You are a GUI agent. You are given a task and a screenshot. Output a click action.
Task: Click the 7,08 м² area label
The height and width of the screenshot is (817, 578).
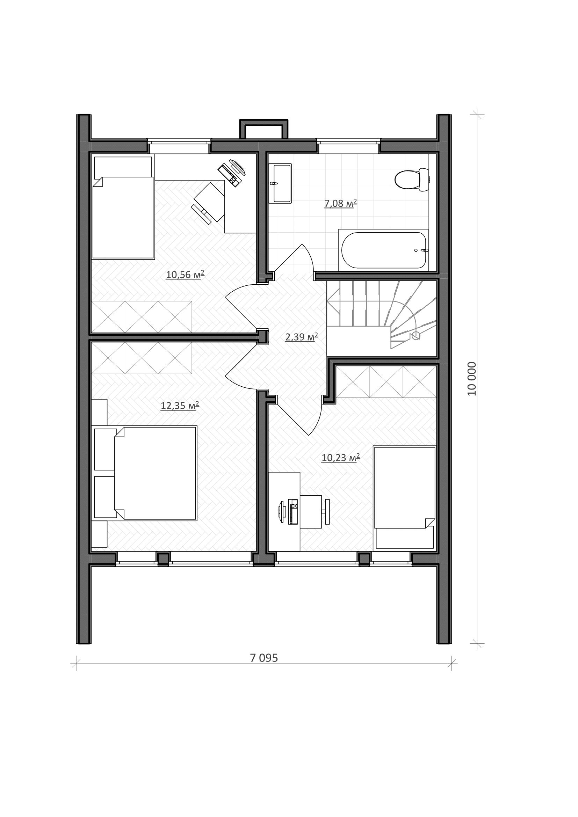pos(340,204)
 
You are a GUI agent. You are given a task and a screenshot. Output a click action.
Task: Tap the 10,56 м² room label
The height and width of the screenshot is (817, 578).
pos(185,274)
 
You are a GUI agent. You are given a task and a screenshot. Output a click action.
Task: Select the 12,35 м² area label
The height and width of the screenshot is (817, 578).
pos(180,406)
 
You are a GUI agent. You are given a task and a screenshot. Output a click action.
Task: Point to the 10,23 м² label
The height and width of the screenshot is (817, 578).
pos(341,458)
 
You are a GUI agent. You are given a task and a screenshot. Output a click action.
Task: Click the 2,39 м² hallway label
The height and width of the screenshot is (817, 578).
pos(302,337)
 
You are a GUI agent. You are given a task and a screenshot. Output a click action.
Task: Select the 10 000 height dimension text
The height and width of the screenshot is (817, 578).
pos(471,379)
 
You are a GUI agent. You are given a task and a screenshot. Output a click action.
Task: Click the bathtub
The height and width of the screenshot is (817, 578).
pos(384,250)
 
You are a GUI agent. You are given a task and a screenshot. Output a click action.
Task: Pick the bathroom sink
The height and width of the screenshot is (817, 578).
pos(280,184)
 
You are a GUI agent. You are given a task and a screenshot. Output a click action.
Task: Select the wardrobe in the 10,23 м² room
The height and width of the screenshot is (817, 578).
pos(386,381)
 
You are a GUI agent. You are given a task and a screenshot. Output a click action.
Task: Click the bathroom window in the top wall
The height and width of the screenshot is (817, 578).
pos(348,146)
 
